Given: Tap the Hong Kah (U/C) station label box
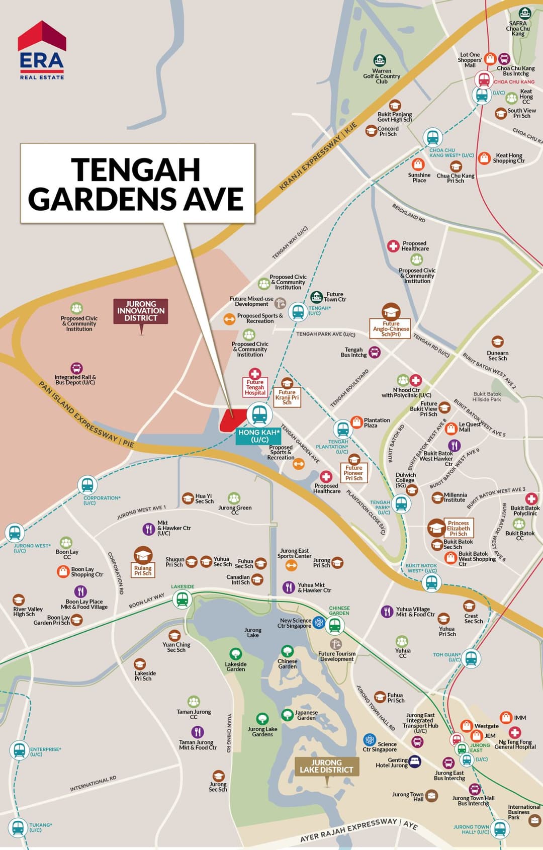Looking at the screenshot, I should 259,436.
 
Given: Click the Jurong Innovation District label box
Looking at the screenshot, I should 141,311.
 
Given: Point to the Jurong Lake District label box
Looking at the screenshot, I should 326,766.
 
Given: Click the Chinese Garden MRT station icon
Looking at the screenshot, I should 335,626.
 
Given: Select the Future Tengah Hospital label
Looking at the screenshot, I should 255,387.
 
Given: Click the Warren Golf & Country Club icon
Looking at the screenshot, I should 380,60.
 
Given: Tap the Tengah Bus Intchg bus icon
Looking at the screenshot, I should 375,352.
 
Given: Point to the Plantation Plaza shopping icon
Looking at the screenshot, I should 356,421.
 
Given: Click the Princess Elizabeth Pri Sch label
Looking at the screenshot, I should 458,528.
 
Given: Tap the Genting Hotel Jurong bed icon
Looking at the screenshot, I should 414,761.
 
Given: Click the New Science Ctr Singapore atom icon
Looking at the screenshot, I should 319,623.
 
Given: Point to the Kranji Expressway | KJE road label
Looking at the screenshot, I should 318,155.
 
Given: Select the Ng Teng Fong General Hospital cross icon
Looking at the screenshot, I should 515,732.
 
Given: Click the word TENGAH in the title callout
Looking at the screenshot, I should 136,169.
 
